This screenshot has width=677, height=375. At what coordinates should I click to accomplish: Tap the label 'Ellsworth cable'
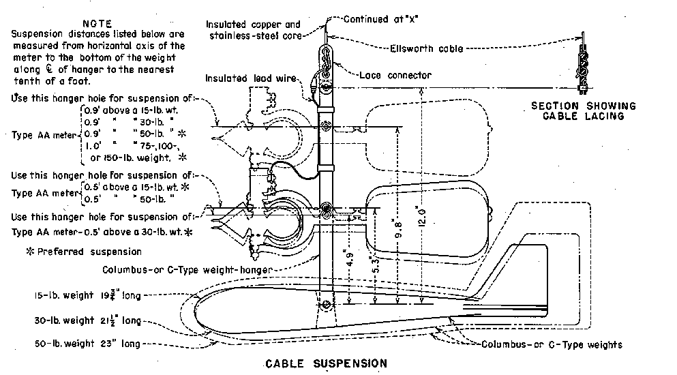pos(427,48)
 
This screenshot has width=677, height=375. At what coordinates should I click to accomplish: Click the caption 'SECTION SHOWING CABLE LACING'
pos(584,110)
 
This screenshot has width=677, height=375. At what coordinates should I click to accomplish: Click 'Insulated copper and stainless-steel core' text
pos(252,29)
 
